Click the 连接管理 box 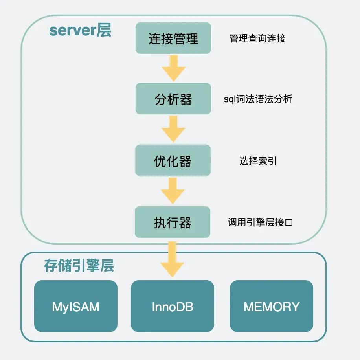point(173,38)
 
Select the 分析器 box point(173,99)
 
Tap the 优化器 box point(173,161)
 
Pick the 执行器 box point(173,222)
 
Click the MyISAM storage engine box point(76,306)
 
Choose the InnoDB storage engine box point(173,306)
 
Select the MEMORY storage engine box point(272,306)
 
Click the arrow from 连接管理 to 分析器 point(173,68)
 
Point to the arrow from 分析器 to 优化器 point(173,129)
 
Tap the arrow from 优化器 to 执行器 point(173,191)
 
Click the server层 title point(80,31)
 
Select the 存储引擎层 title point(79,266)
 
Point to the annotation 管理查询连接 point(257,38)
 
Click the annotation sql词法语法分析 point(258,99)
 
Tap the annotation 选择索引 point(258,161)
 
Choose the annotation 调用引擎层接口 point(260,222)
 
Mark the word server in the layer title point(73,31)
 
